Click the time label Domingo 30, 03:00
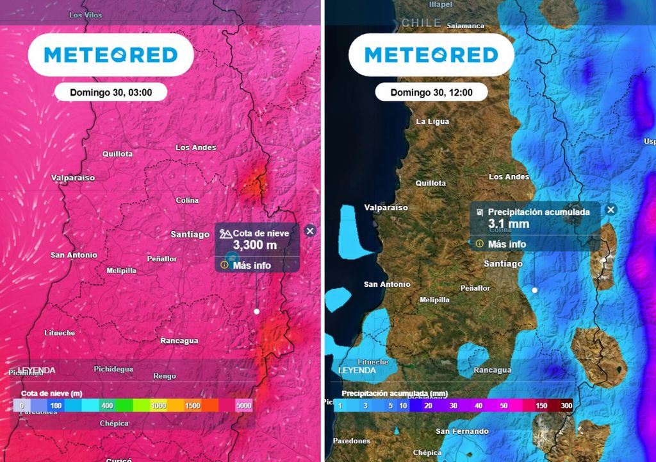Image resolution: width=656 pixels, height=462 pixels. tap(111, 92)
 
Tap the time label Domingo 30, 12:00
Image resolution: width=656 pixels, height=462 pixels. tap(431, 92)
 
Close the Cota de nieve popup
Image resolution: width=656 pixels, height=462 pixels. tap(310, 231)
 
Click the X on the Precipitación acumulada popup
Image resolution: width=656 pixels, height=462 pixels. tap(611, 210)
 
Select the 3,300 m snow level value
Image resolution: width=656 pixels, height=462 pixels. tap(254, 245)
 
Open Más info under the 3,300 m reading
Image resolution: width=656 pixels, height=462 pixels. tap(251, 265)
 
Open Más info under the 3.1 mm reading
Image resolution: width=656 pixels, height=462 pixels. tap(506, 244)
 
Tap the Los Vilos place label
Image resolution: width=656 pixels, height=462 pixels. tap(85, 15)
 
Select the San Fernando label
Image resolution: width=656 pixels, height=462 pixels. tap(462, 431)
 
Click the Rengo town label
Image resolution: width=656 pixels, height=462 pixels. tap(165, 376)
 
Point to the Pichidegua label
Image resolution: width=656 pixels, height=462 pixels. tap(113, 369)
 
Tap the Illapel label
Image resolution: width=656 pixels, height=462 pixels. tap(440, 4)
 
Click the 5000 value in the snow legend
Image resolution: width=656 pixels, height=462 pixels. tap(243, 406)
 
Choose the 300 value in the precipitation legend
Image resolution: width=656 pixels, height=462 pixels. tap(566, 406)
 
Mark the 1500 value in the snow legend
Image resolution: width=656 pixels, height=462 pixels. tap(192, 406)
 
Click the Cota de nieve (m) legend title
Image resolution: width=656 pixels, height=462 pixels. tap(51, 393)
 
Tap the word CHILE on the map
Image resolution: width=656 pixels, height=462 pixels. tap(421, 22)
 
